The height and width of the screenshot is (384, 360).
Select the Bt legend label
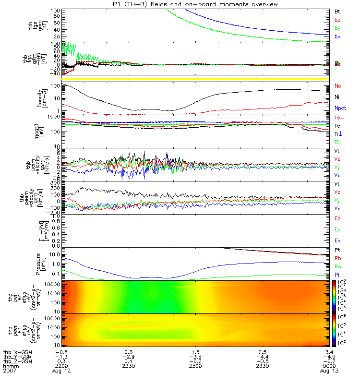(337, 11)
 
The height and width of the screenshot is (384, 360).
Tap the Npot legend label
(338, 108)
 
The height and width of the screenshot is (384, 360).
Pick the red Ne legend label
(337, 85)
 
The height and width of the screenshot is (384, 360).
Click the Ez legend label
(337, 218)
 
